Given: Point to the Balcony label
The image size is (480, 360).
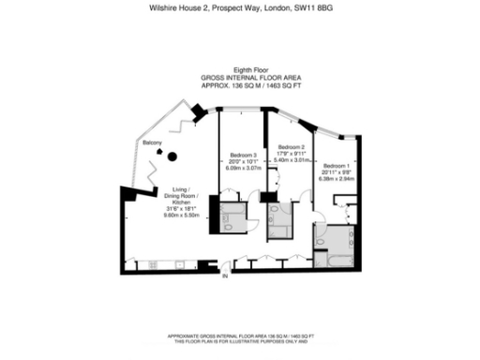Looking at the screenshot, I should (152, 142).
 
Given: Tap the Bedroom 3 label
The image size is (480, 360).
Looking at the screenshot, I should (244, 155).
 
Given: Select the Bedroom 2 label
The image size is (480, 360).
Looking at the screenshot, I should (292, 148).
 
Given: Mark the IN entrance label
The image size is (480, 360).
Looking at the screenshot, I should (225, 277).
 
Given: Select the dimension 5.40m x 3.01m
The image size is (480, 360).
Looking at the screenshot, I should (292, 160).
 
